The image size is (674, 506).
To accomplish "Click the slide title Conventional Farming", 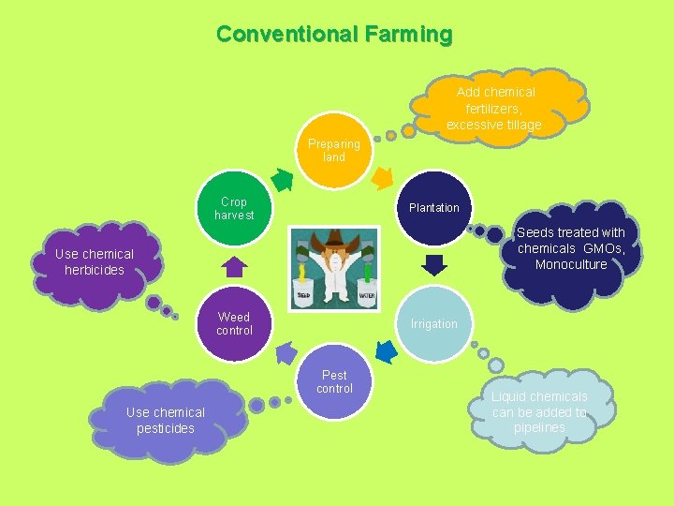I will click(334, 35).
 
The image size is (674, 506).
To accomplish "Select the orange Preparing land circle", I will click(334, 150).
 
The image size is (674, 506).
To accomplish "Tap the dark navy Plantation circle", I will click(433, 207).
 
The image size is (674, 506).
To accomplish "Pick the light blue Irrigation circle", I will click(433, 323).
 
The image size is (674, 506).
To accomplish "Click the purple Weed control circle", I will click(234, 323).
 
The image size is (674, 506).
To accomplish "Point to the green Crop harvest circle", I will click(234, 208).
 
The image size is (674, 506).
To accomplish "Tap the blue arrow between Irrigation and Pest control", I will click(384, 352).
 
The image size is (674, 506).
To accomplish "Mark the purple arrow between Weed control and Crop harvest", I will click(235, 266).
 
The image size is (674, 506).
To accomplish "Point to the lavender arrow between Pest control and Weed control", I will click(285, 353).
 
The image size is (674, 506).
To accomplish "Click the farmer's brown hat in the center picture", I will click(335, 241).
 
